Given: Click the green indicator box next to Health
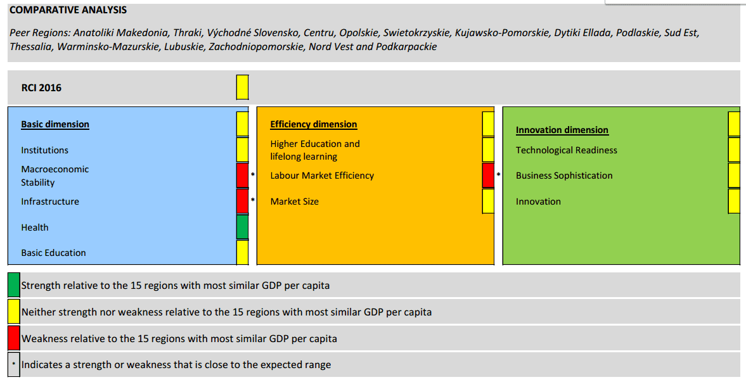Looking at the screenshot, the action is click(243, 227).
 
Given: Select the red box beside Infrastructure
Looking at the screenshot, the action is click(243, 201).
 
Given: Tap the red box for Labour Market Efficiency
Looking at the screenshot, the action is click(488, 175).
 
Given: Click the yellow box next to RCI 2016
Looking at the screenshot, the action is click(243, 87).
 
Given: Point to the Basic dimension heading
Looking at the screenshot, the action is click(55, 124).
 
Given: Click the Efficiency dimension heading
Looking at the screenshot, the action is click(314, 124).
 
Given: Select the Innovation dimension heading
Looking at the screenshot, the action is click(562, 130).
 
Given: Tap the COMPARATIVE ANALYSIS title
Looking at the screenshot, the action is click(68, 10).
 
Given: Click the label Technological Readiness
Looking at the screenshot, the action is click(566, 150).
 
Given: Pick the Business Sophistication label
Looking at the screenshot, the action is click(564, 175).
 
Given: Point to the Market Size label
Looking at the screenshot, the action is click(295, 201).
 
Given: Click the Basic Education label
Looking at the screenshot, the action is click(53, 253).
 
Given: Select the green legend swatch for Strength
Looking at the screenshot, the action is click(14, 285).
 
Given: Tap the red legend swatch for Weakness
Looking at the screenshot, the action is click(14, 338).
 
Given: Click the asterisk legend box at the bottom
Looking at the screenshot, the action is click(14, 364).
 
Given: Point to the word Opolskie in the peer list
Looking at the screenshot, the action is click(359, 33).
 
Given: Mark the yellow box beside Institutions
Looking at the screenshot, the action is click(243, 150).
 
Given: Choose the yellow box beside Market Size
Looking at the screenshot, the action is click(488, 201).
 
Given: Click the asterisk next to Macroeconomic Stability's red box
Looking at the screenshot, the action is click(253, 175).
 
